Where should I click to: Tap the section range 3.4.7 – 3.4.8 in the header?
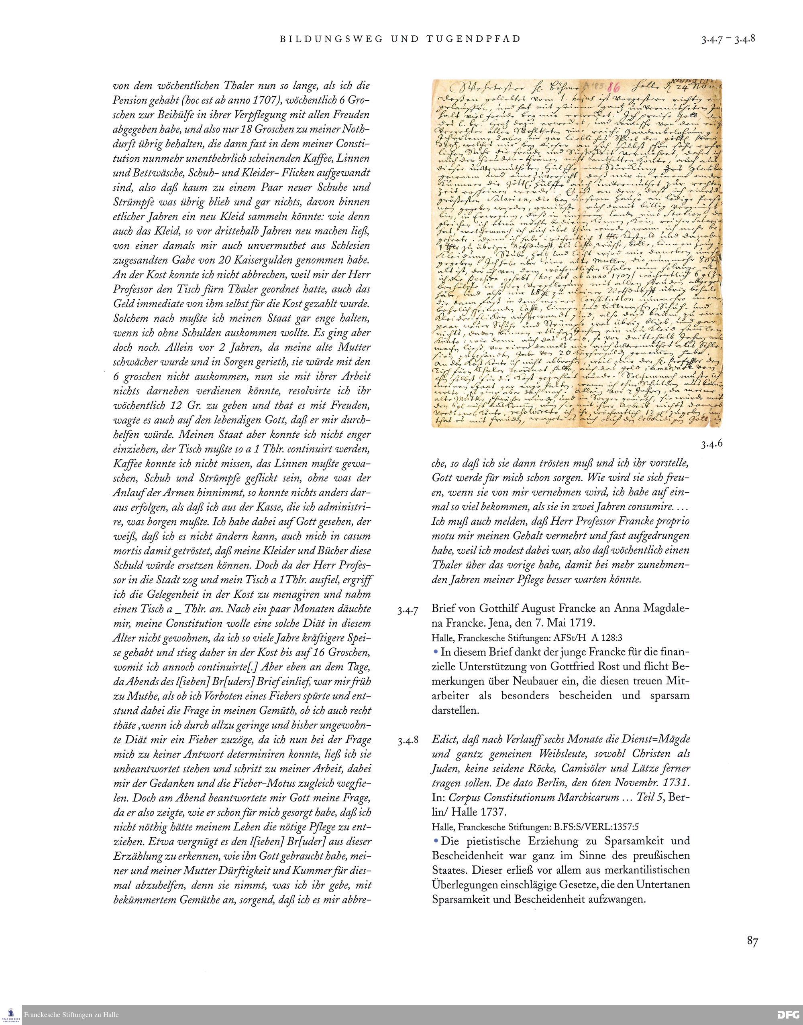[728, 39]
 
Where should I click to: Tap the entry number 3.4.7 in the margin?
[407, 611]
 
